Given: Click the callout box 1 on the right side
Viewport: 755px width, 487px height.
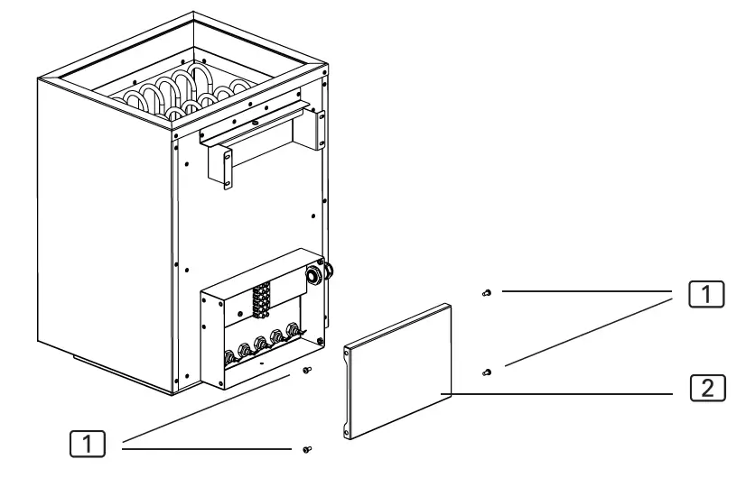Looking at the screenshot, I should [707, 294].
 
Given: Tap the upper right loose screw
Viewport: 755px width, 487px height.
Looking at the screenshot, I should [487, 293].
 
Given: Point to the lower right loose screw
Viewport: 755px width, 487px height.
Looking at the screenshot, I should [487, 371].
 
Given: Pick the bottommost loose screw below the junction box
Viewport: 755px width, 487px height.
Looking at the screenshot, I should [308, 448].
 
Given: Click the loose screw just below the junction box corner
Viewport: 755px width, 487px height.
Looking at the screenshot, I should [306, 370].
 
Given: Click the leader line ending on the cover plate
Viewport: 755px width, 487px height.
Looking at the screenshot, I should [560, 394].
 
